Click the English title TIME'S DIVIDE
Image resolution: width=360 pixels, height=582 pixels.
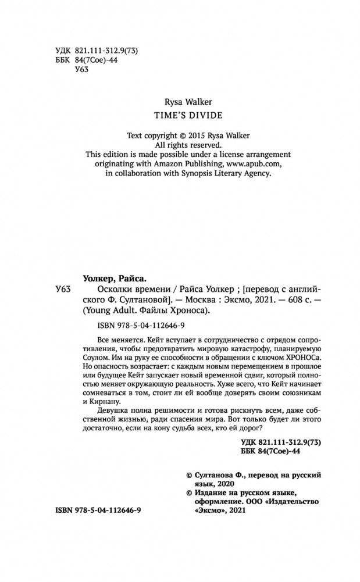180,115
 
